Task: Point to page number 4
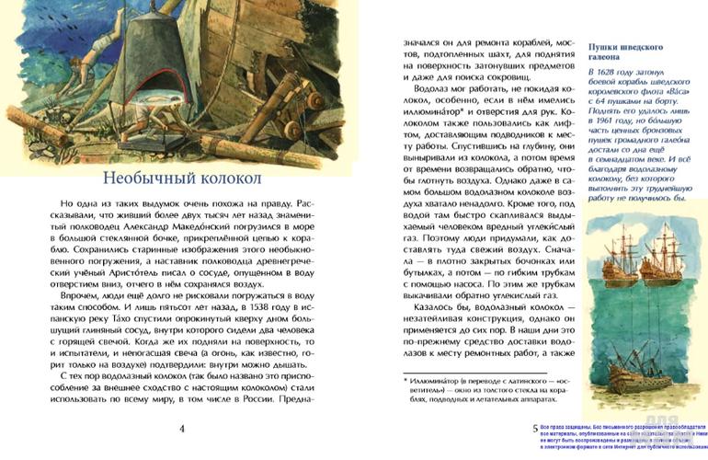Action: click(182, 428)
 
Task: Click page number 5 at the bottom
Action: click(536, 428)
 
